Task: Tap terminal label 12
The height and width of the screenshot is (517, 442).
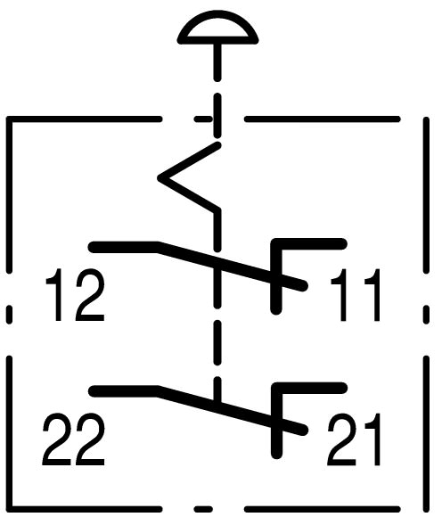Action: click(75, 295)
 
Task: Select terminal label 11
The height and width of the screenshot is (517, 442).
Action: click(356, 295)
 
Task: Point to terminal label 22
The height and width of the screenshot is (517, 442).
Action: click(74, 439)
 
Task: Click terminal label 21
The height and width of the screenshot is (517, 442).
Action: click(354, 439)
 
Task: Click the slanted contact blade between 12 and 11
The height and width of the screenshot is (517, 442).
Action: click(231, 266)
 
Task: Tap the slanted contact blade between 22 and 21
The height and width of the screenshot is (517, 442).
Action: click(231, 410)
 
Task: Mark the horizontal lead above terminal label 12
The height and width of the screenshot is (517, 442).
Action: click(124, 247)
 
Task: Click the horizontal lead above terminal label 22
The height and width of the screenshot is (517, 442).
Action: click(124, 391)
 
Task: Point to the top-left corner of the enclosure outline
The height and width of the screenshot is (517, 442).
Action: click(9, 119)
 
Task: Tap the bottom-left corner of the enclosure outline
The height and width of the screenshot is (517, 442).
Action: click(9, 509)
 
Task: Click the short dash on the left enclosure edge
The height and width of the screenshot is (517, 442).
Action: click(9, 315)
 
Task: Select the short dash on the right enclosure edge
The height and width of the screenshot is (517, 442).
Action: click(427, 315)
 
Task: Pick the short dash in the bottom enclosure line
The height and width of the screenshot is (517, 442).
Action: click(203, 509)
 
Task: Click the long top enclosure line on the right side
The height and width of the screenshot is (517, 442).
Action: click(323, 119)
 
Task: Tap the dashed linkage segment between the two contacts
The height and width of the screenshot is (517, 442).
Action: click(217, 342)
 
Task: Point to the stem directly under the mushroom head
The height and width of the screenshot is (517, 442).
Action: click(217, 62)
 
